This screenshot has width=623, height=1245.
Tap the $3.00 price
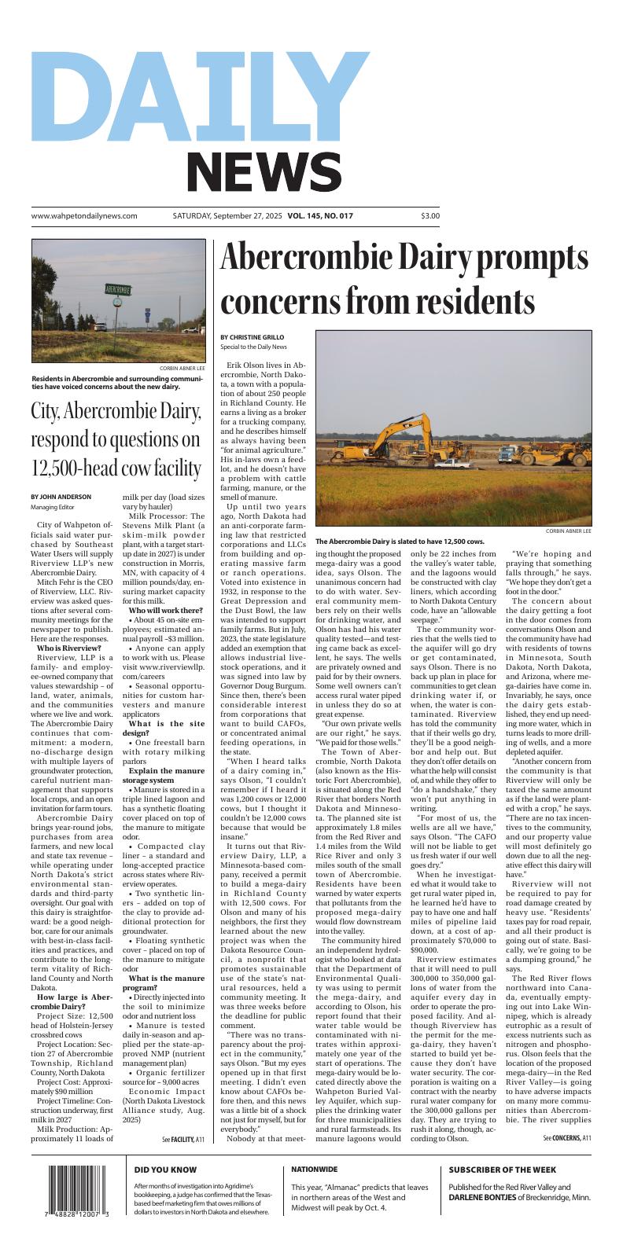click(x=430, y=215)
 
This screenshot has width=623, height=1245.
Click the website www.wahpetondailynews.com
click(x=84, y=215)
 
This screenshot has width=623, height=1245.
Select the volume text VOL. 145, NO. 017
click(x=320, y=215)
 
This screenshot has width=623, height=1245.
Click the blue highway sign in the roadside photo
click(x=146, y=311)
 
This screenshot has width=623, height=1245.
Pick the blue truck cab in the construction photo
click(x=507, y=454)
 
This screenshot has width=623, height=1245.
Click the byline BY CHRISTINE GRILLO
click(x=253, y=337)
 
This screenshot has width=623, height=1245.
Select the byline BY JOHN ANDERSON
click(x=61, y=497)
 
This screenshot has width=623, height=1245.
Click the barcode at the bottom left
click(x=79, y=1192)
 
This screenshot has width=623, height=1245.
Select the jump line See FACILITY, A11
click(x=183, y=1139)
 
